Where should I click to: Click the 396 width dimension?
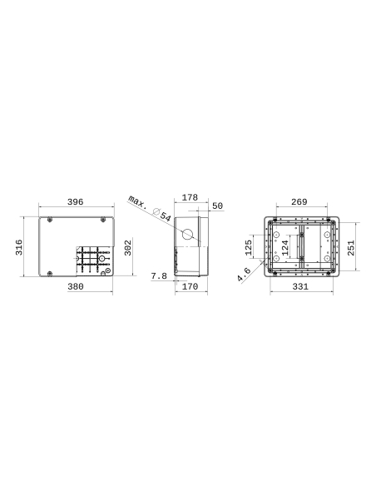pyautogui.click(x=76, y=201)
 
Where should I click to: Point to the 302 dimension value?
pyautogui.click(x=128, y=248)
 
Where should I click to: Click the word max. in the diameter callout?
pyautogui.click(x=141, y=204)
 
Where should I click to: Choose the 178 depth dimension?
pyautogui.click(x=190, y=197)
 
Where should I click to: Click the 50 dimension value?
pyautogui.click(x=217, y=206)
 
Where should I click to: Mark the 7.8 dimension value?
pyautogui.click(x=159, y=275)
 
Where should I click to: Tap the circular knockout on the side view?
pyautogui.click(x=189, y=234)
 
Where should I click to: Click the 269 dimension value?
pyautogui.click(x=300, y=201)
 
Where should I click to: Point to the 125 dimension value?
pyautogui.click(x=248, y=247)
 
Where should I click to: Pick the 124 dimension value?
pyautogui.click(x=285, y=247)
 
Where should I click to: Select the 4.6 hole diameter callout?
pyautogui.click(x=244, y=274)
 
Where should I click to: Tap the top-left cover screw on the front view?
pyautogui.click(x=51, y=219)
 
